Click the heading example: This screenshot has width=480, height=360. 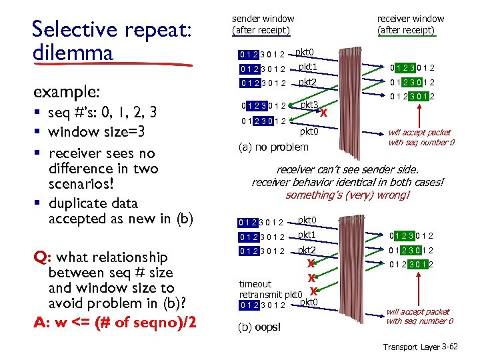coord(63,91)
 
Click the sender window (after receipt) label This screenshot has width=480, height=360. coord(263,24)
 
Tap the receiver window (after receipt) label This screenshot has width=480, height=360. coord(410,24)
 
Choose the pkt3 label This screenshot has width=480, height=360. coord(308,105)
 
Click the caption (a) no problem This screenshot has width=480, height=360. coord(273,147)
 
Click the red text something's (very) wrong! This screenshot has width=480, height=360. coord(347,195)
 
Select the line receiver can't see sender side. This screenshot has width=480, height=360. coord(347,170)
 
